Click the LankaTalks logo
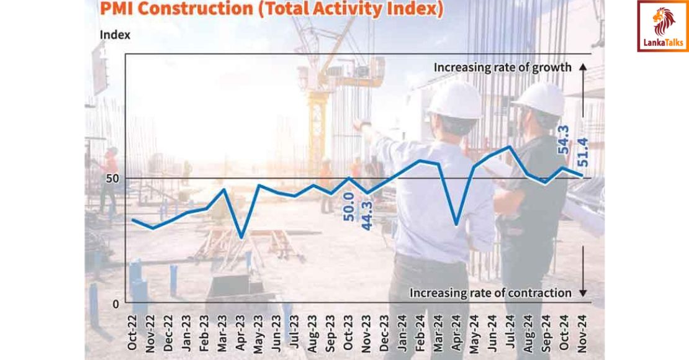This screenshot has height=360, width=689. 662,26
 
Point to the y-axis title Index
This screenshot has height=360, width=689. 115,35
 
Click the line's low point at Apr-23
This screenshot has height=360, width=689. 241,237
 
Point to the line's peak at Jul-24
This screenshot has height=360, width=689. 510,147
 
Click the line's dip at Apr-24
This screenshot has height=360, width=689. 456,224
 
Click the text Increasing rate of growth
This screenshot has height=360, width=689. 502,68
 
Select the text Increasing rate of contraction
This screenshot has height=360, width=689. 490,292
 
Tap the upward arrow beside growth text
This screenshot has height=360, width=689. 582,71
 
